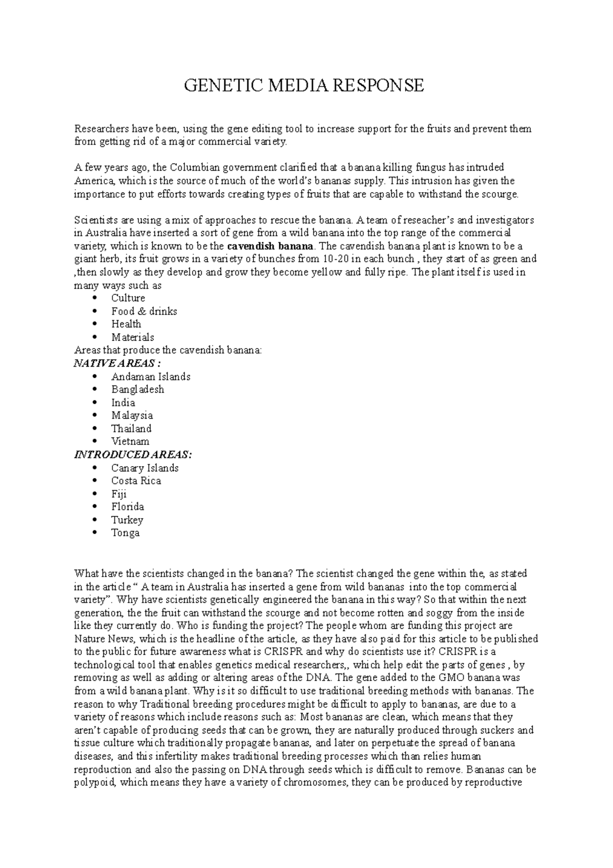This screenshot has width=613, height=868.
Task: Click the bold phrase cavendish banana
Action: (271, 246)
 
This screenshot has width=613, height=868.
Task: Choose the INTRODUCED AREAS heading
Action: (133, 455)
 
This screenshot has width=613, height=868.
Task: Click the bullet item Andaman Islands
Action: (151, 377)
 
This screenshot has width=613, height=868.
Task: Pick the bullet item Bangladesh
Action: (137, 390)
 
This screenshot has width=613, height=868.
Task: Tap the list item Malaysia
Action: (132, 416)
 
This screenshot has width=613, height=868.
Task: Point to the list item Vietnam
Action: (130, 442)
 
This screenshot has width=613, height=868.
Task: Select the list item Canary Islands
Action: (145, 468)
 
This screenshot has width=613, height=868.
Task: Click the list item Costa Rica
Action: (136, 481)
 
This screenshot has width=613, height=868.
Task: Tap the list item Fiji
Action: (119, 494)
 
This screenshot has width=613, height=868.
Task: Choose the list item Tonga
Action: (125, 533)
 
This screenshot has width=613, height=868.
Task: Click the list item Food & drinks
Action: (144, 311)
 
